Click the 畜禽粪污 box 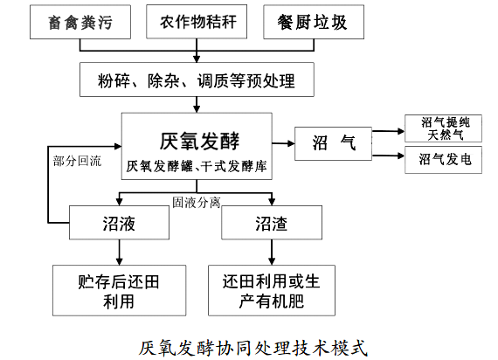pos(80,22)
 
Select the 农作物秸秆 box pos(197,22)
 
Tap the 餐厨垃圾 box pos(314,22)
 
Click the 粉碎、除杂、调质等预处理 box pos(197,80)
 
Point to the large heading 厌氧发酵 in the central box pos(199,141)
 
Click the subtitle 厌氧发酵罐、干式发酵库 pos(197,166)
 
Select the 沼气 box pos(333,143)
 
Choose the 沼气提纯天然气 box pos(443,128)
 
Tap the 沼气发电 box pos(443,160)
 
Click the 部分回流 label pos(77,161)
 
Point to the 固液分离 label pos(197,203)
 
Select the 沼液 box pos(119,223)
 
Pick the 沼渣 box pos(272,223)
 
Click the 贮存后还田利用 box pos(119,290)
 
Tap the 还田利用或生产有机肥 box pos(272,290)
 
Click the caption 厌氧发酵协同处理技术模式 pos(253,348)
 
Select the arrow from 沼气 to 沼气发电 pos(388,156)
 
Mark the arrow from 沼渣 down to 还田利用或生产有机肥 pos(272,253)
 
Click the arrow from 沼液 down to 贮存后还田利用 pos(120,253)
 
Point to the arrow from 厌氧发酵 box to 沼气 pos(283,143)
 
